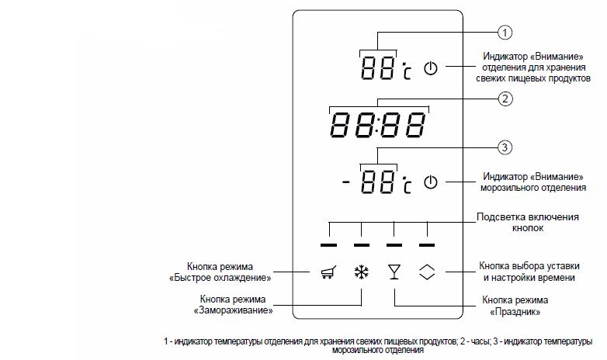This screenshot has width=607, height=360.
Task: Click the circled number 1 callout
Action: (x=505, y=33)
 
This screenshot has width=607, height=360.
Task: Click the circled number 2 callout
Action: (x=505, y=99)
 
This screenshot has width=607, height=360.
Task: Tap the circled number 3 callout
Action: (x=505, y=147)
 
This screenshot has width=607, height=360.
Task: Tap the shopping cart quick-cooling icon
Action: (x=328, y=272)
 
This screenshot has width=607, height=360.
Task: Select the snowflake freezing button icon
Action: (x=361, y=272)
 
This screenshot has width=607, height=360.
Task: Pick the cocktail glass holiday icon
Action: (x=394, y=272)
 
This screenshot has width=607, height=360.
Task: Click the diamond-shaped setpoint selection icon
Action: (x=427, y=272)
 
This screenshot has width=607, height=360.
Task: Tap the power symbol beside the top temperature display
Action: (x=431, y=68)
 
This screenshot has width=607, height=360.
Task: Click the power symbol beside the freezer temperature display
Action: (x=431, y=182)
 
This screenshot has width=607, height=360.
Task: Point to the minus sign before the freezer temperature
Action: (x=345, y=181)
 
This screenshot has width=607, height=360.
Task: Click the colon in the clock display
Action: (x=378, y=125)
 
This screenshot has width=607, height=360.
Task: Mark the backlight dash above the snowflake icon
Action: (x=362, y=245)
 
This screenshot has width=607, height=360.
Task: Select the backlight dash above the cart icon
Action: (x=328, y=245)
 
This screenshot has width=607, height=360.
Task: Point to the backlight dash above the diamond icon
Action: (x=427, y=245)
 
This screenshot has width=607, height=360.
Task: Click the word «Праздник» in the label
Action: (x=515, y=312)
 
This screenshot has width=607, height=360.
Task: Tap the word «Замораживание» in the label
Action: (x=233, y=310)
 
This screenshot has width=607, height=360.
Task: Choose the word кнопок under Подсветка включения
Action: (x=528, y=228)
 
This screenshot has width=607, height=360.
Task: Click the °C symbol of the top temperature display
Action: (x=407, y=71)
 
